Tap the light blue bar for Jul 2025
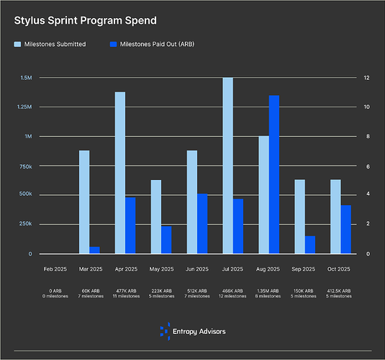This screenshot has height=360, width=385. (227, 166)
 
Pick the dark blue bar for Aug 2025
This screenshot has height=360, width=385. (273, 174)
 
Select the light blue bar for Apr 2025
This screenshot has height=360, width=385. (120, 173)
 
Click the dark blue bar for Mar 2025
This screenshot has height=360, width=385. (94, 250)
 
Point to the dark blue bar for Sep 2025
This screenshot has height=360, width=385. (309, 245)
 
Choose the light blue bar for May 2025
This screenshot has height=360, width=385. (156, 217)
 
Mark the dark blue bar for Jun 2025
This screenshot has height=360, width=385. (201, 224)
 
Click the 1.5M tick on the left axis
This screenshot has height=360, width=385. (26, 78)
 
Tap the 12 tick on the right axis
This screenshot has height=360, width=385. (366, 78)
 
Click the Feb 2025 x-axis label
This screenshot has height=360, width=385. (55, 269)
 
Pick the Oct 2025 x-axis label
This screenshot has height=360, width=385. (339, 269)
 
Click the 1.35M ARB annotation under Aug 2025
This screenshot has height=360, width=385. (268, 291)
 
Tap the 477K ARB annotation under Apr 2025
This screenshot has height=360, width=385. (126, 291)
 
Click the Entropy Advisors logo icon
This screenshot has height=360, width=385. (166, 330)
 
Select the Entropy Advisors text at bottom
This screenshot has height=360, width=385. (200, 331)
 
